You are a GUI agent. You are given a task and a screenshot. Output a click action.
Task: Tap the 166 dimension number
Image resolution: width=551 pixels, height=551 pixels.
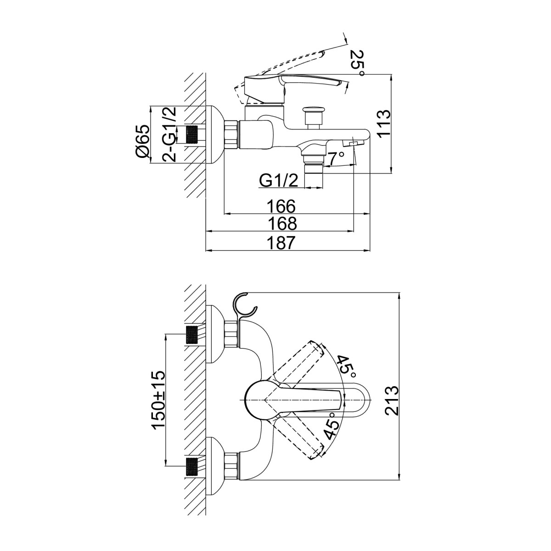coord(281,206)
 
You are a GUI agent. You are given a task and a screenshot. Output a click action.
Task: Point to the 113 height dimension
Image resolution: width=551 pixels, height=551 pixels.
coord(382,123)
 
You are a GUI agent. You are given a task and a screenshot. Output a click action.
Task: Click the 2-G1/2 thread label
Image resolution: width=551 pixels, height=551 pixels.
coord(170,134)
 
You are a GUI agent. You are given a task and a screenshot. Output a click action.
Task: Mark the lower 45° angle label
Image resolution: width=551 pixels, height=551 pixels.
coord(332,426)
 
